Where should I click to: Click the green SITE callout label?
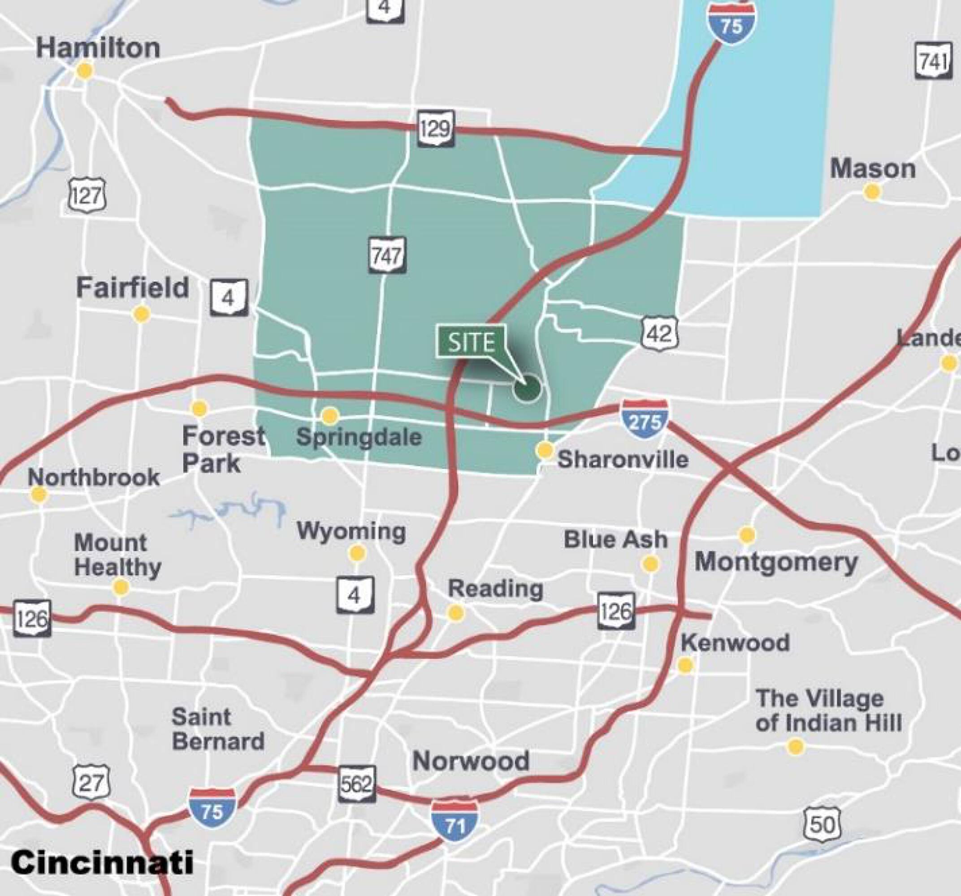coord(472,342)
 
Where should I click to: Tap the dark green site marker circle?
coord(527,388)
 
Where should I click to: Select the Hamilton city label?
coord(98,48)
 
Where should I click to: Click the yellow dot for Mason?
coord(872,192)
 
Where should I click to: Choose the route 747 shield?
coord(387,255)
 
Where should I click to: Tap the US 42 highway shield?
coord(660,333)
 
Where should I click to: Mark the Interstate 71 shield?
coord(455,820)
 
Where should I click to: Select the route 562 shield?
coord(357,784)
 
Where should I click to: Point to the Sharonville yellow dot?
coord(545,450)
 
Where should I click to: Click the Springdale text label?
coord(359,437)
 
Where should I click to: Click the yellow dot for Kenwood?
coord(685,665)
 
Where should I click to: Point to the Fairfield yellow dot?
coord(141,314)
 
